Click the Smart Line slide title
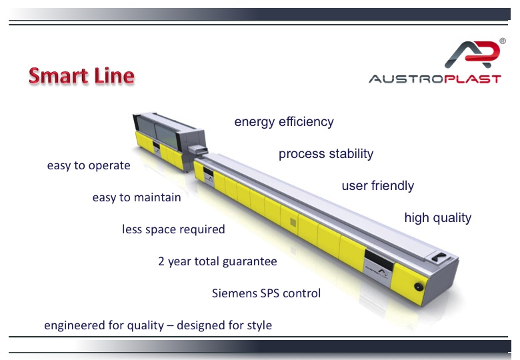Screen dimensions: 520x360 click(x=81, y=76)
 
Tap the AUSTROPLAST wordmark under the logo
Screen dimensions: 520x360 click(x=435, y=79)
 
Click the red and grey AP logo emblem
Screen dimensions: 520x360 click(x=472, y=55)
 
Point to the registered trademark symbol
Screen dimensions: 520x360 click(x=503, y=41)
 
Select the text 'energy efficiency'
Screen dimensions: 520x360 click(x=284, y=122)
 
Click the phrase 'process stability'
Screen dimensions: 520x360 click(x=326, y=154)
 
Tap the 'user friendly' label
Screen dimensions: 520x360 click(x=378, y=185)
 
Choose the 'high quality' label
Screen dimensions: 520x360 click(x=438, y=218)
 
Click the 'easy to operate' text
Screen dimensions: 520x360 click(x=89, y=165)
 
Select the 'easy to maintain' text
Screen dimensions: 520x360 click(x=137, y=197)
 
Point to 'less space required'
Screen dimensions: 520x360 click(x=173, y=229)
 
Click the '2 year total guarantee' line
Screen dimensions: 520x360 click(x=217, y=261)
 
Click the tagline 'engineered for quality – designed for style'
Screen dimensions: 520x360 click(x=158, y=325)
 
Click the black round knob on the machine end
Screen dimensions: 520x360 click(x=419, y=287)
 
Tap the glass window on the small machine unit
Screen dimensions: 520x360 click(x=157, y=131)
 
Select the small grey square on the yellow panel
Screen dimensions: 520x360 click(x=293, y=223)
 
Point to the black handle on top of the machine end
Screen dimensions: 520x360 click(x=440, y=257)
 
